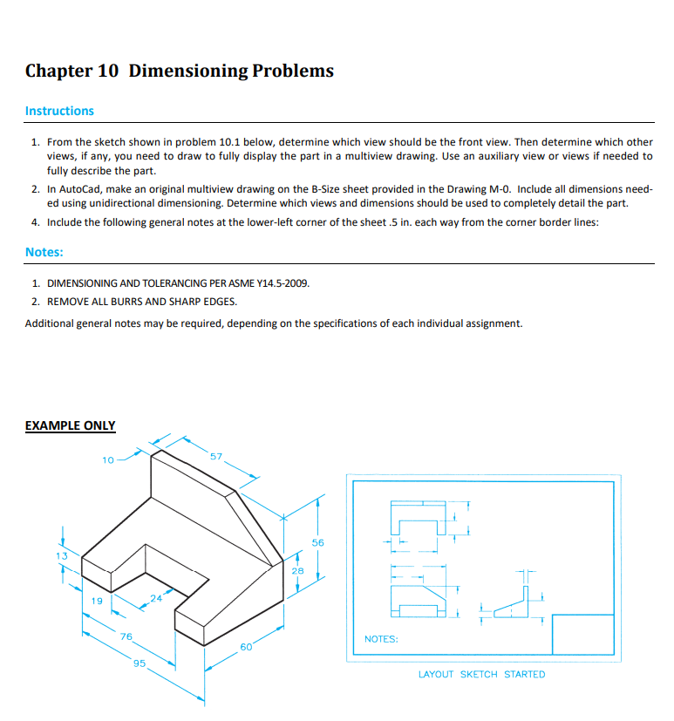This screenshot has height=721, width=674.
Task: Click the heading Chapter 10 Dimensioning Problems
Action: (x=179, y=71)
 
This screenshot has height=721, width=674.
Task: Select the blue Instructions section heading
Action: (x=59, y=111)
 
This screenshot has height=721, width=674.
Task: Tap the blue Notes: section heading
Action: (x=44, y=252)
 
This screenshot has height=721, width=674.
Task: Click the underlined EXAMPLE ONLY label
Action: (x=70, y=425)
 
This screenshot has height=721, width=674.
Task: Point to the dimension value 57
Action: (x=216, y=456)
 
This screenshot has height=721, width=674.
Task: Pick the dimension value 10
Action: (x=107, y=459)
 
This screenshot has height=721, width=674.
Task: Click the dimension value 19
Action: (x=98, y=601)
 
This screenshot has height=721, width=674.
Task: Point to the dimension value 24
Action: (x=156, y=598)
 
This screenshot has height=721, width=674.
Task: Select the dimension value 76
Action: (x=126, y=637)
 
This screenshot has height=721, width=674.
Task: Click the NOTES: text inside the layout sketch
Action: (x=381, y=639)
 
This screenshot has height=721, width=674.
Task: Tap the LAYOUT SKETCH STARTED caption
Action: (x=481, y=674)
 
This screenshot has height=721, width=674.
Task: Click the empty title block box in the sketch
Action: (x=583, y=635)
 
